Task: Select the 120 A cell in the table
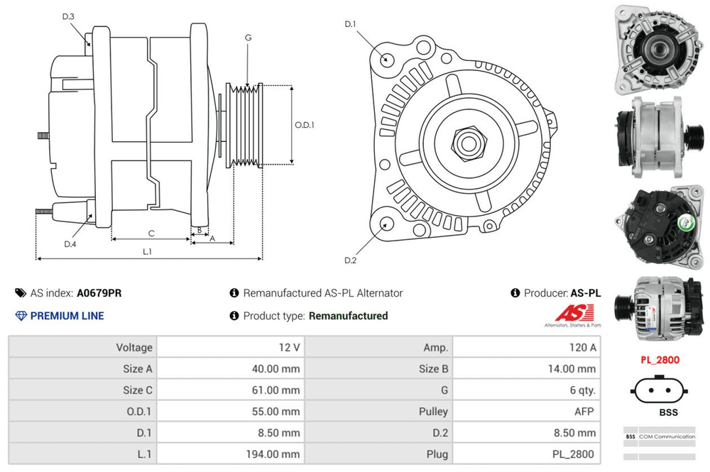(x=581, y=347)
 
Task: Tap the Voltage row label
(x=134, y=347)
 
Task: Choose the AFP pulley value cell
(x=586, y=411)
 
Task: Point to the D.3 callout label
(x=68, y=16)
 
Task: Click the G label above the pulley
(x=248, y=37)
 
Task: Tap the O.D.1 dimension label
(x=305, y=125)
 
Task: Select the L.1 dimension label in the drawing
(x=148, y=251)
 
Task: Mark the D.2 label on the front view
(x=350, y=260)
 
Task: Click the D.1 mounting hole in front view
(x=386, y=58)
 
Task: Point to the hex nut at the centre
(x=467, y=143)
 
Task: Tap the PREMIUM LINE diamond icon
(x=21, y=316)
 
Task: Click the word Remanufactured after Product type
(x=349, y=316)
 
